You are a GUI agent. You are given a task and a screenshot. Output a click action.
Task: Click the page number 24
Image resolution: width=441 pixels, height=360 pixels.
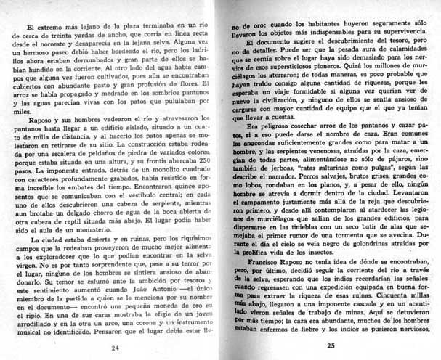tap(115, 347)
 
